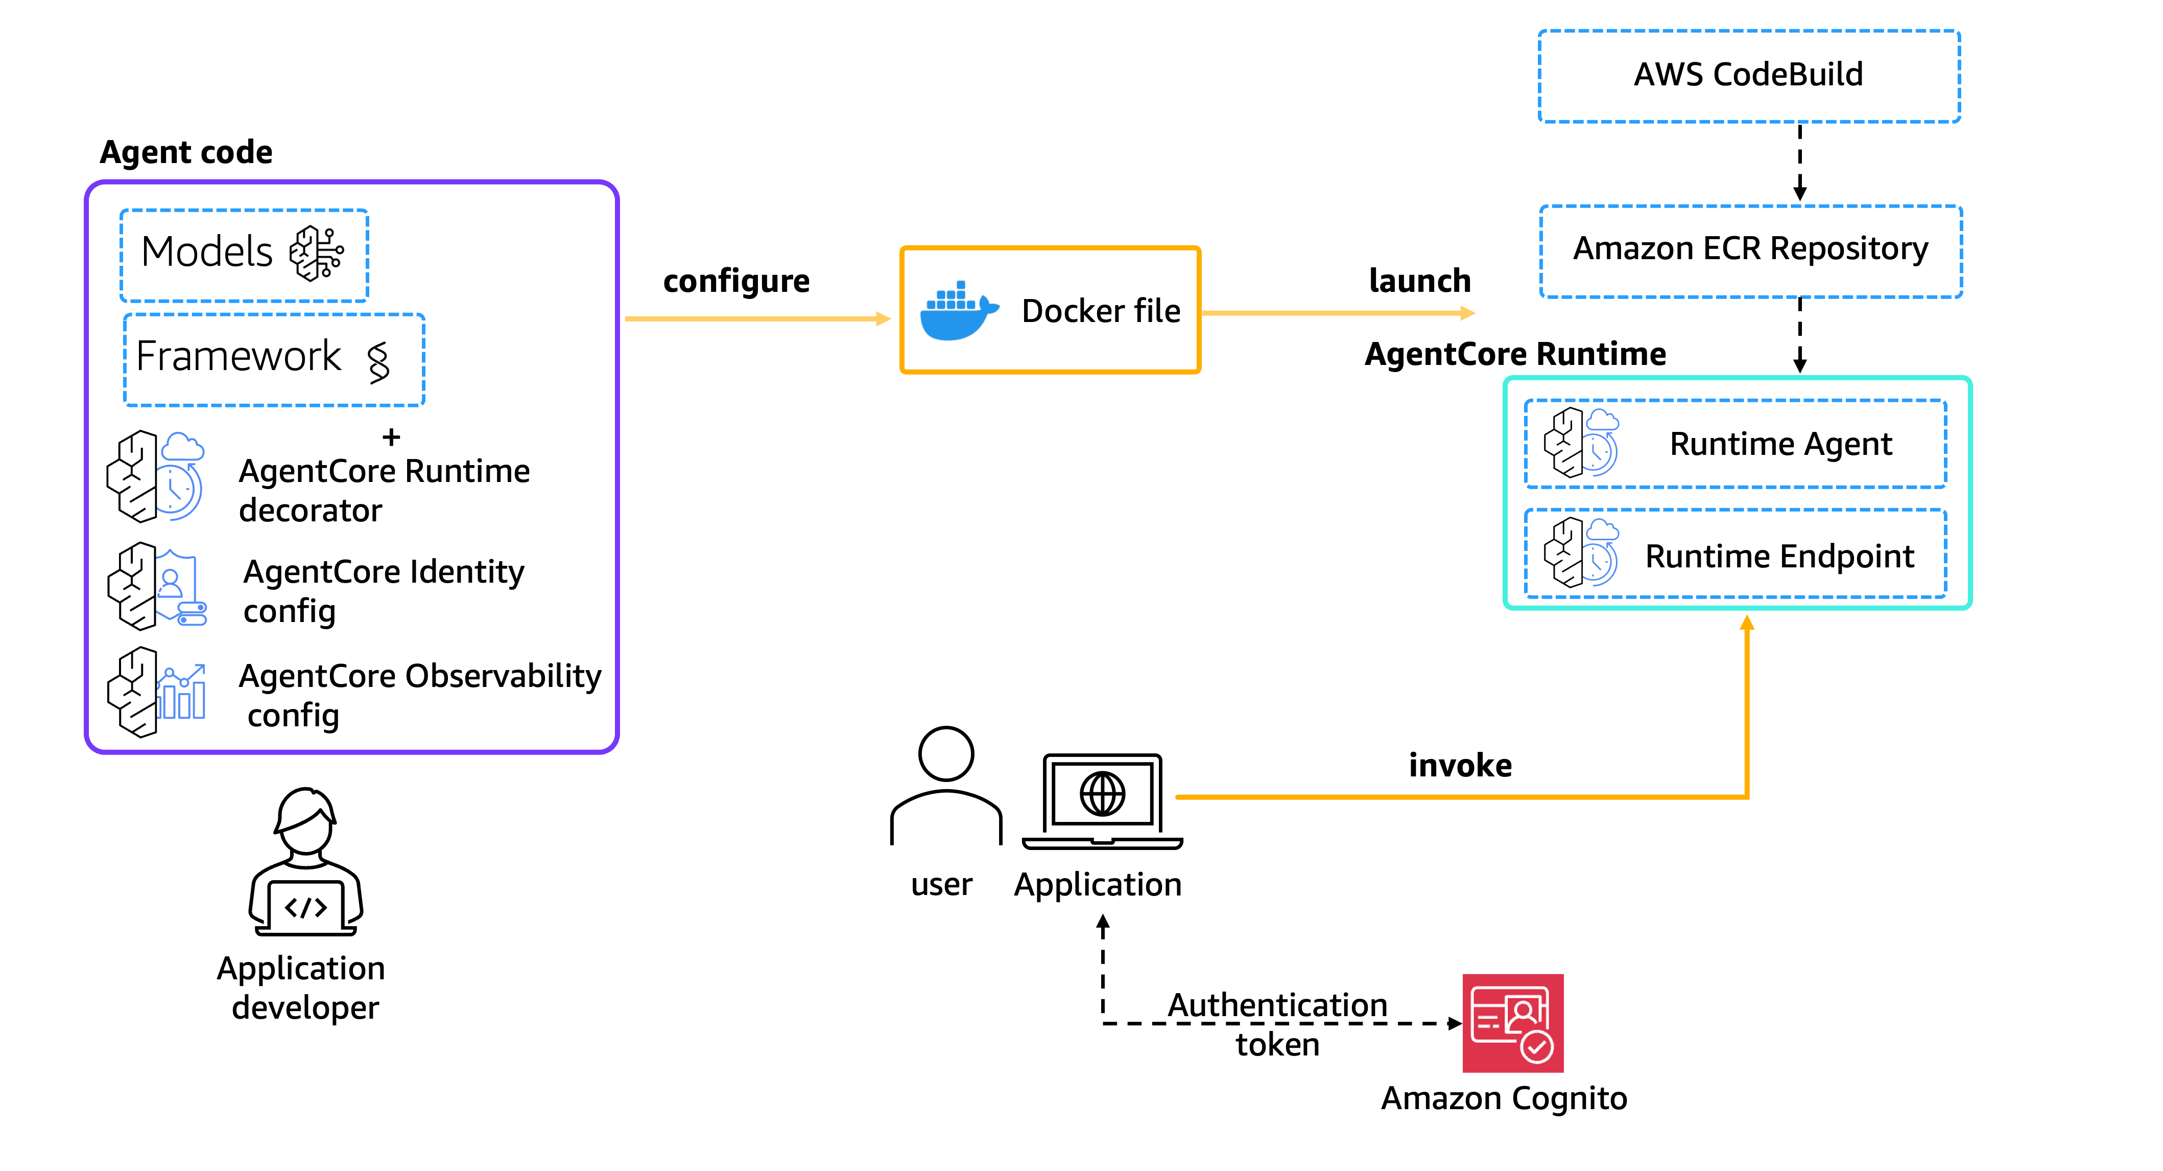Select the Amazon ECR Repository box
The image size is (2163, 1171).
(1751, 251)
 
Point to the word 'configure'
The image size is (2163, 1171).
(736, 281)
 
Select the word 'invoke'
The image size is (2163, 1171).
(1460, 765)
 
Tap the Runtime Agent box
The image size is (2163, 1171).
(1736, 444)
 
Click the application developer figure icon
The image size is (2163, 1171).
(305, 861)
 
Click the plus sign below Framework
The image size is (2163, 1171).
(391, 437)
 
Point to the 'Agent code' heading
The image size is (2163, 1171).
(186, 152)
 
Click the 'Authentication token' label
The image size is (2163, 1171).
(1277, 1024)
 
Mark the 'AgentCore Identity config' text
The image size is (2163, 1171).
(384, 591)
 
